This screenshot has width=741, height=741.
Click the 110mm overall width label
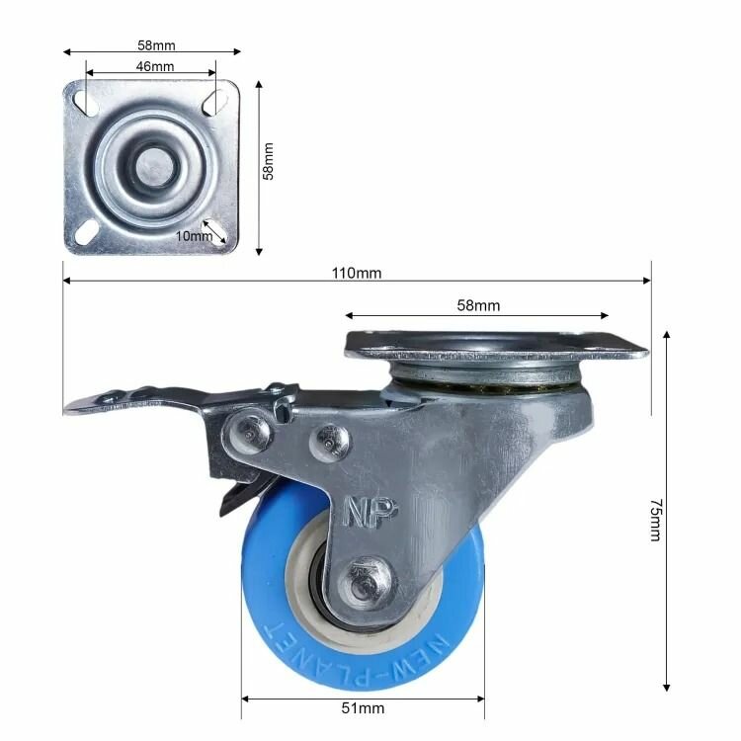pos(357,272)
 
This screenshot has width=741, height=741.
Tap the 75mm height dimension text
pos(654,520)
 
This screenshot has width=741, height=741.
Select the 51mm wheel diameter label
pos(363,707)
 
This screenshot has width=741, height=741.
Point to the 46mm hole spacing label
pos(155,66)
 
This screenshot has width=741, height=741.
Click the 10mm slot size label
pos(194,235)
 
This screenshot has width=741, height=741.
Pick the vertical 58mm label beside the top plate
pos(269,160)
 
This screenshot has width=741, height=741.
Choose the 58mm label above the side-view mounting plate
pos(478,306)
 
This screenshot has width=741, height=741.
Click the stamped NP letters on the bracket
pos(370,510)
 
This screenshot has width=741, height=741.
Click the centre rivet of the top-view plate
pos(151,165)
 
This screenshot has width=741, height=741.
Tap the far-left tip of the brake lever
pos(69,406)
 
